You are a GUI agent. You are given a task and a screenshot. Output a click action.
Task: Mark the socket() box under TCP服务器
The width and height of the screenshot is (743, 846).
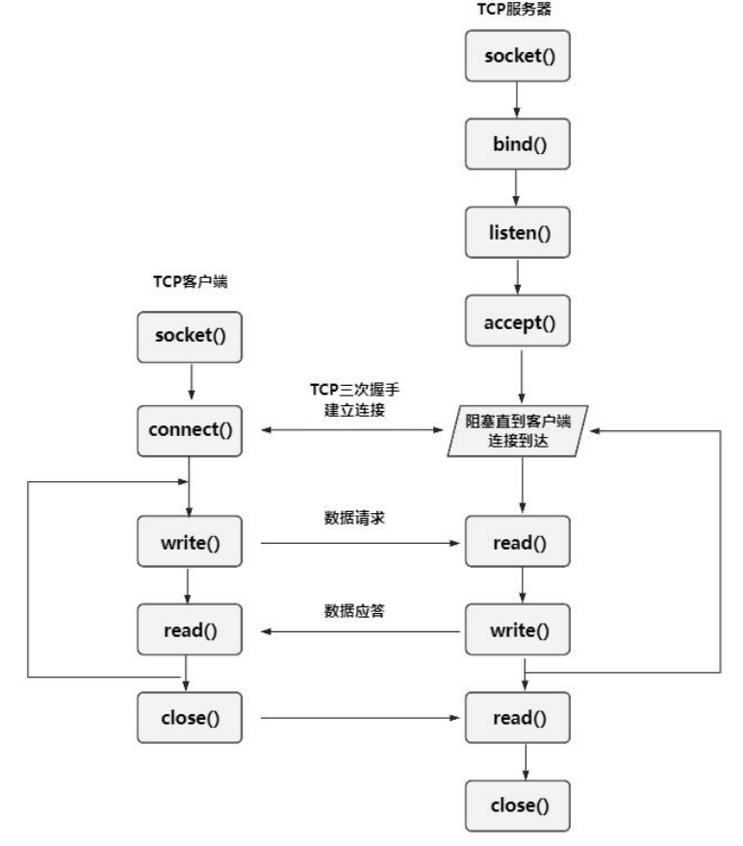(x=519, y=57)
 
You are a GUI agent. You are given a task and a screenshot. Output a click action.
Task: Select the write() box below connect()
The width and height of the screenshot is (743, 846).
(x=190, y=543)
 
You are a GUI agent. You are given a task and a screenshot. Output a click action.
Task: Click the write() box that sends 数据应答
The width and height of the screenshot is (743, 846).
(x=519, y=631)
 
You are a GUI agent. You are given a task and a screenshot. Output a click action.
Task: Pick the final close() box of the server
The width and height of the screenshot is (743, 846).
(x=519, y=805)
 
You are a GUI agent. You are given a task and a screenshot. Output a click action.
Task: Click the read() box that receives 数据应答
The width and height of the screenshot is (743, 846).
(x=190, y=630)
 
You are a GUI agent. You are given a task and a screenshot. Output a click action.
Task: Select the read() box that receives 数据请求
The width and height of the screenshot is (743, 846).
(x=519, y=543)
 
